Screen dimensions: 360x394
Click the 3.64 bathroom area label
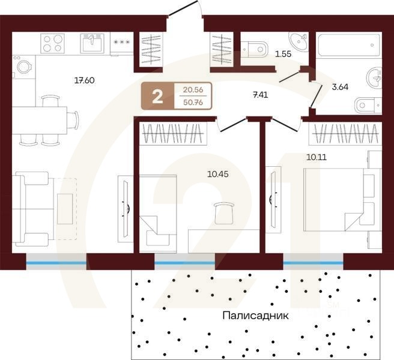340,86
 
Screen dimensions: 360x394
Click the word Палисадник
255,314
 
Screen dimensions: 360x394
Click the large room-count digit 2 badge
157,97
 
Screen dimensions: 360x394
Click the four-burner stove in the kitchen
53,43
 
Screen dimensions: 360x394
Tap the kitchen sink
92,43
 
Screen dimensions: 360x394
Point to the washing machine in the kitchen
24,67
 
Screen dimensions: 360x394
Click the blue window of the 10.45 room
184,262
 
